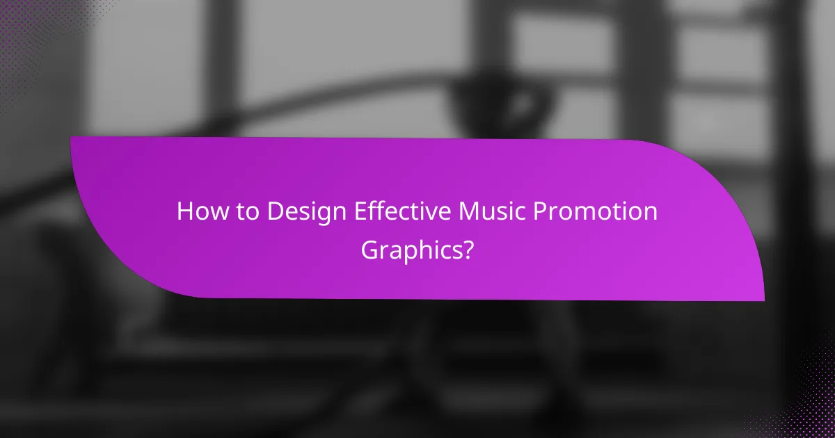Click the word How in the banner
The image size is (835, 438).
198,211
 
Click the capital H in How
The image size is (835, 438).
184,211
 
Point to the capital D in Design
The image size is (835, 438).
274,211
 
